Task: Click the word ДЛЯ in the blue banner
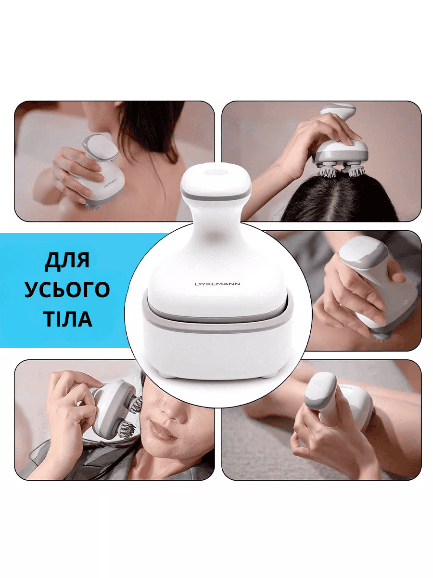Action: click(x=67, y=260)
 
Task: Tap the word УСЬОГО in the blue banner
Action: click(x=67, y=289)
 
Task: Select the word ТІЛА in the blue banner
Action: click(x=67, y=319)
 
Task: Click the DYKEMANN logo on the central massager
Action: click(x=217, y=284)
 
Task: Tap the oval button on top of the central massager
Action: click(x=216, y=172)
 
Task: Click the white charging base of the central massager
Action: click(x=217, y=350)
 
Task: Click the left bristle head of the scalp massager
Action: click(x=328, y=171)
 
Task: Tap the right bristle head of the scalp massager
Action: click(x=356, y=171)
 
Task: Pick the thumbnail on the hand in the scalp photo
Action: click(x=349, y=143)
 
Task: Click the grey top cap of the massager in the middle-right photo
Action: click(x=364, y=251)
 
